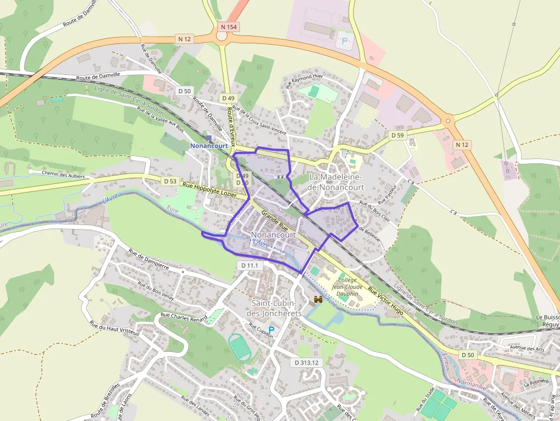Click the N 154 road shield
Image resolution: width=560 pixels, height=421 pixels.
tap(229, 27)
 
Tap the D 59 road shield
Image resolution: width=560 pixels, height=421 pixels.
tap(397, 135)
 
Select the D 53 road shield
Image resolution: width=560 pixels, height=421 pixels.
tap(170, 181)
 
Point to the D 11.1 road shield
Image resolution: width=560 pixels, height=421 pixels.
tap(250, 266)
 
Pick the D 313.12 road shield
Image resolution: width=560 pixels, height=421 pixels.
tap(306, 362)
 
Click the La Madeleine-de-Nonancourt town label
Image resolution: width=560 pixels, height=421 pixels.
tap(336, 182)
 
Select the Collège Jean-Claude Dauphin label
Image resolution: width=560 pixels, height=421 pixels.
tap(347, 287)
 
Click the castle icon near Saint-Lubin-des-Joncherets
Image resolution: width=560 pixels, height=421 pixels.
tap(318, 299)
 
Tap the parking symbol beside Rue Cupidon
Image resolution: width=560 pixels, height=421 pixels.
tap(272, 330)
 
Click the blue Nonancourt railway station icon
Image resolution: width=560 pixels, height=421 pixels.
tap(209, 138)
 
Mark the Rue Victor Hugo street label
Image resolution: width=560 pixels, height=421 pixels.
tap(387, 301)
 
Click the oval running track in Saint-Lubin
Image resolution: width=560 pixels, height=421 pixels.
tap(240, 347)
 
